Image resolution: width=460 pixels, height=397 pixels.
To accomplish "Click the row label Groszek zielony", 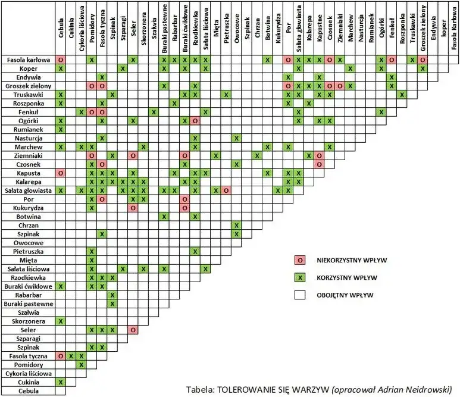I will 28,86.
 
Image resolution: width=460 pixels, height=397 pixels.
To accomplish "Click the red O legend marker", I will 300,260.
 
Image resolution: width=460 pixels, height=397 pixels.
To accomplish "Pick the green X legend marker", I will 300,277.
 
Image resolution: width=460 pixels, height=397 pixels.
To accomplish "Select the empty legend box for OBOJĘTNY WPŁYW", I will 300,295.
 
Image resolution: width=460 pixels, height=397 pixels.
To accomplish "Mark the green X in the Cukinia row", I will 61,382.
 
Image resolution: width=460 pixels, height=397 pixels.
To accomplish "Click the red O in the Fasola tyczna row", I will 61,356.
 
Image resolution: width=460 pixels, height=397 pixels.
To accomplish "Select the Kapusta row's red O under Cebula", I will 61,173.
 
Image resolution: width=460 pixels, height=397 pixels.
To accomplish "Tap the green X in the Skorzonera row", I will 61,321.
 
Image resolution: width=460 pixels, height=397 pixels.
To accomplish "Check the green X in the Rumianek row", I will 61,130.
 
